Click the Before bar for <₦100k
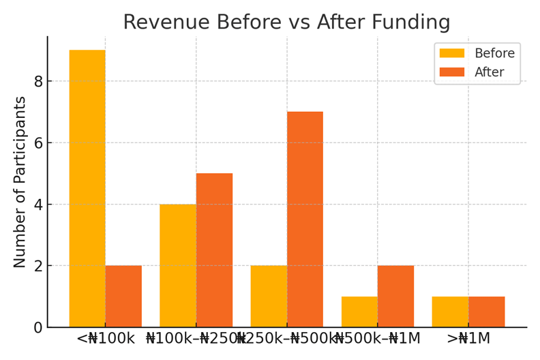pyautogui.click(x=87, y=188)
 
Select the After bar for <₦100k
pyautogui.click(x=123, y=296)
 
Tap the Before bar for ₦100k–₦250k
pyautogui.click(x=178, y=265)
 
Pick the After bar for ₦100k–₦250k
pyautogui.click(x=214, y=250)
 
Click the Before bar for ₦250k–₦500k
pyautogui.click(x=269, y=296)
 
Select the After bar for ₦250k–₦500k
pyautogui.click(x=305, y=219)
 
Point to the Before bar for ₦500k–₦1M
pyautogui.click(x=359, y=312)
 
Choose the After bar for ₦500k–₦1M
pyautogui.click(x=395, y=296)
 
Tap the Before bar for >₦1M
pyautogui.click(x=450, y=312)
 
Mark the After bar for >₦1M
pyautogui.click(x=486, y=312)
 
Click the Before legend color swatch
pyautogui.click(x=451, y=53)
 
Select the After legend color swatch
pyautogui.click(x=451, y=72)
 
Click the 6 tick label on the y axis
pyautogui.click(x=37, y=142)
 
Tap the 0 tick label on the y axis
pyautogui.click(x=37, y=327)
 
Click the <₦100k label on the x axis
pyautogui.click(x=105, y=338)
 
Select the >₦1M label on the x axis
pyautogui.click(x=468, y=338)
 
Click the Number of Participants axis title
pyautogui.click(x=20, y=181)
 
